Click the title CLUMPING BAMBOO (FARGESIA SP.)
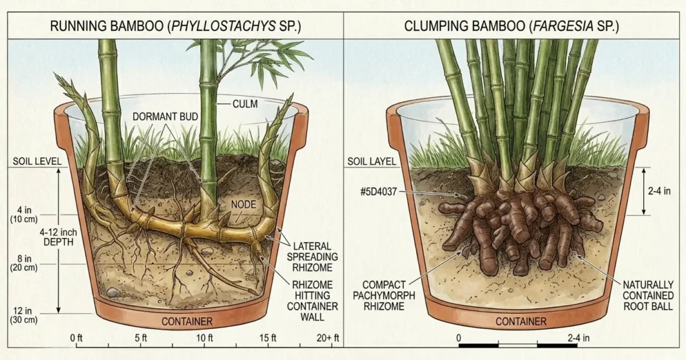pos(512,27)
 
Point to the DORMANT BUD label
pos(165,116)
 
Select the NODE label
pos(243,204)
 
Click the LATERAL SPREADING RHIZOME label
pos(312,257)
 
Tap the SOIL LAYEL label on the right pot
pos(372,162)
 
